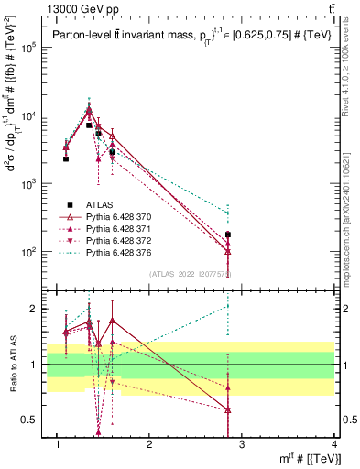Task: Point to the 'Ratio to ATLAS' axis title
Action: (x=13, y=365)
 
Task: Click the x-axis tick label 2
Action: (x=149, y=444)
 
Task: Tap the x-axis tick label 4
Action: (x=334, y=444)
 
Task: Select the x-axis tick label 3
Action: (x=242, y=444)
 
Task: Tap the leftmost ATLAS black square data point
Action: (x=66, y=158)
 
